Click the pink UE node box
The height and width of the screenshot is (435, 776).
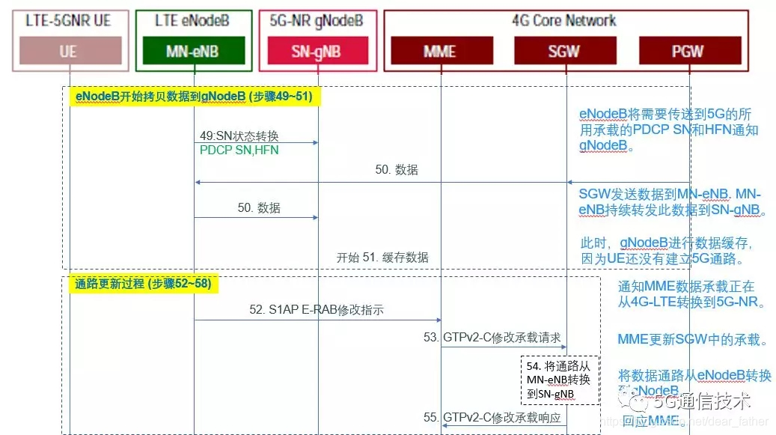[68, 51]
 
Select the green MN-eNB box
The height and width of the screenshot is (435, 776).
[194, 51]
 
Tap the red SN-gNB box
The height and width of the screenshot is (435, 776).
[317, 51]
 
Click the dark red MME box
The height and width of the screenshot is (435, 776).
[440, 51]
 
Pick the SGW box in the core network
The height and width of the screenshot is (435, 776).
[565, 51]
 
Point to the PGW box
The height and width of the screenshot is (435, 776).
[688, 51]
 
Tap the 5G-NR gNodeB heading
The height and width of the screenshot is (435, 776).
[318, 20]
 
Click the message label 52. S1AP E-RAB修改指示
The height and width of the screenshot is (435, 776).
[316, 309]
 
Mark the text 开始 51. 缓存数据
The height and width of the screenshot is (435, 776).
[382, 258]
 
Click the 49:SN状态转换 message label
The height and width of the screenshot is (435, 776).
[239, 136]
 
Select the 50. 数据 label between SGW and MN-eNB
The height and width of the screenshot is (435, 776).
[396, 170]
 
